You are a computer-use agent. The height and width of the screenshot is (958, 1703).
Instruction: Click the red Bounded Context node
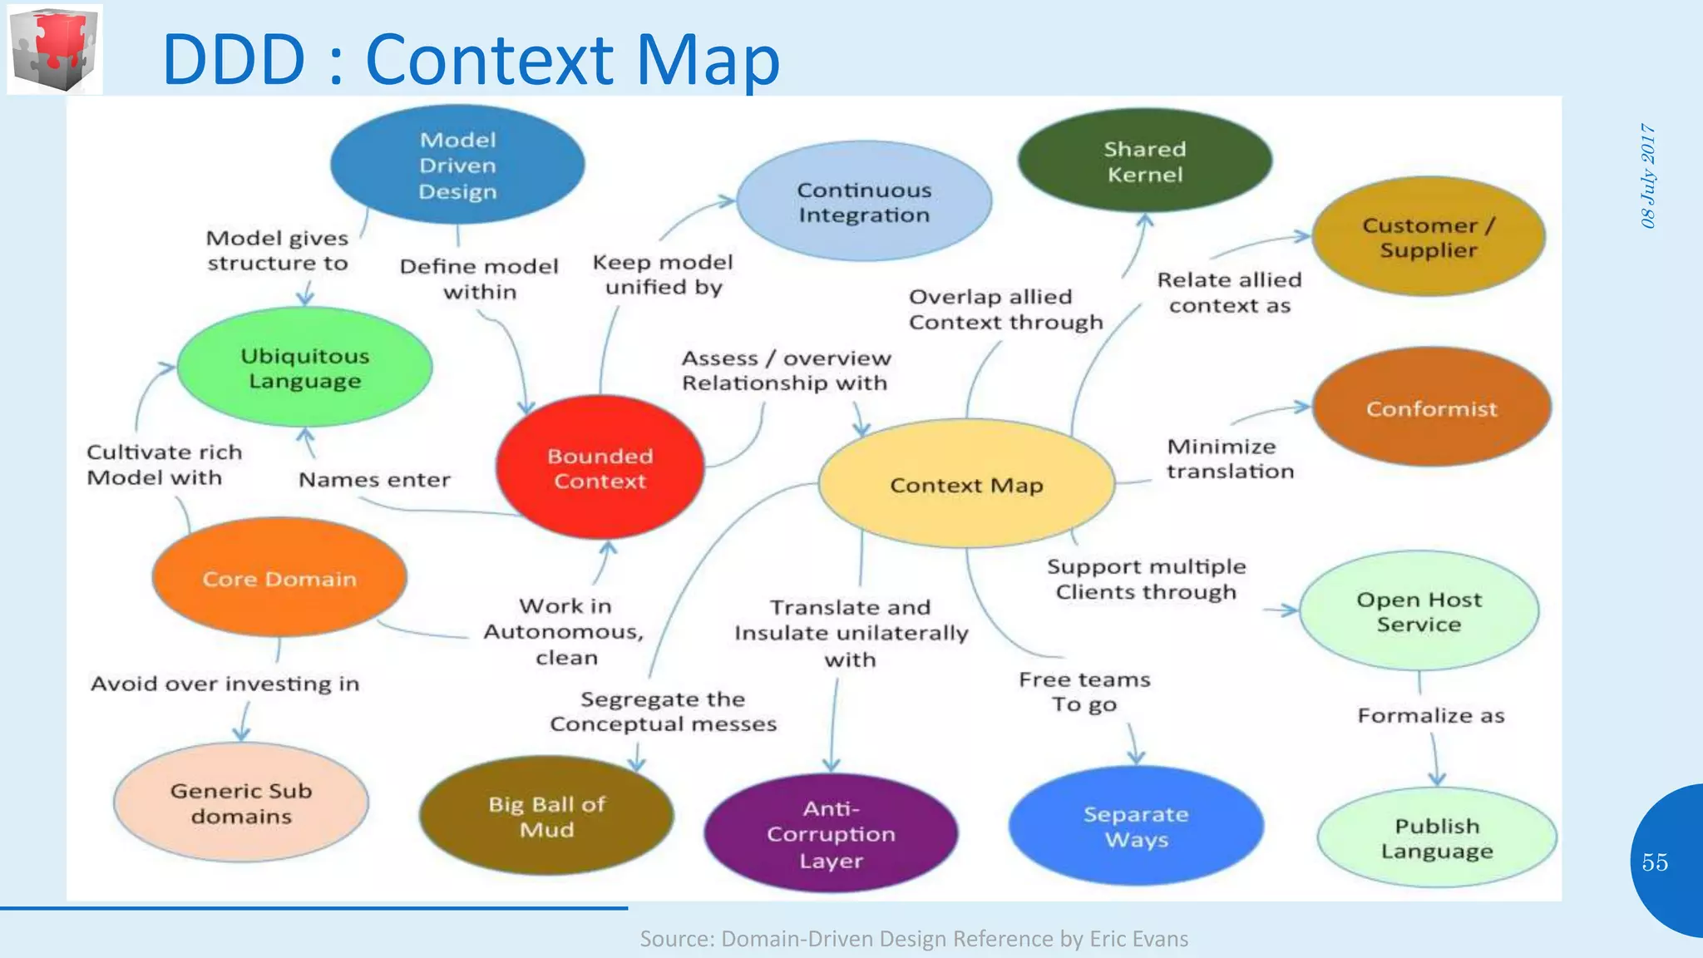click(x=600, y=468)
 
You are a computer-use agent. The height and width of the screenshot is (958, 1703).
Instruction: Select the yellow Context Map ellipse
click(x=966, y=485)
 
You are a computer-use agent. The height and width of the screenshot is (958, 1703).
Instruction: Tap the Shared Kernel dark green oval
click(x=1144, y=161)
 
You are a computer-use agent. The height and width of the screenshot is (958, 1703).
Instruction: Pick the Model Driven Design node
click(x=457, y=165)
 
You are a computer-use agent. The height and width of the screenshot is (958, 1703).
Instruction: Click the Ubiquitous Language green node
click(x=305, y=368)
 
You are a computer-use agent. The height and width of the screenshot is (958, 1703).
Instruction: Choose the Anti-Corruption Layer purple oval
click(x=831, y=834)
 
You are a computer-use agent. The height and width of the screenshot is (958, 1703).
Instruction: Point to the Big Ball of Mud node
click(x=546, y=817)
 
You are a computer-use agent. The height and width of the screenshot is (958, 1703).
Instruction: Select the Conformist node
click(x=1431, y=408)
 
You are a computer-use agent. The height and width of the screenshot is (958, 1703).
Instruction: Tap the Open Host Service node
click(x=1419, y=611)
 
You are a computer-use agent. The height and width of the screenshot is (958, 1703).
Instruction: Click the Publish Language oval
click(x=1437, y=838)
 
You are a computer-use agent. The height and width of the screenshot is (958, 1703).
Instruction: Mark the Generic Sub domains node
click(x=241, y=803)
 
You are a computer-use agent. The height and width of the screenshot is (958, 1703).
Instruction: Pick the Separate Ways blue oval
click(x=1136, y=827)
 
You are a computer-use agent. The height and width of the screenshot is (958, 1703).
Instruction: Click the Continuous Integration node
click(x=864, y=202)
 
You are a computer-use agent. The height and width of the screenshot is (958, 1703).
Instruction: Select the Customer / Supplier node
click(x=1429, y=237)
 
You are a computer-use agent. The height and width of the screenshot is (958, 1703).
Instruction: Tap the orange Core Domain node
click(x=279, y=579)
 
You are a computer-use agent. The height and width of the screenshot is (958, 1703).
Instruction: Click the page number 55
click(x=1655, y=862)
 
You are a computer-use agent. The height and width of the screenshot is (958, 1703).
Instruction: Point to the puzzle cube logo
click(x=55, y=49)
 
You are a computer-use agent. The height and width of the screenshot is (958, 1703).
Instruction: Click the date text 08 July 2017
click(x=1648, y=175)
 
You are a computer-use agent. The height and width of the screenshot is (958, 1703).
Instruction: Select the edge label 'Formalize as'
click(x=1431, y=716)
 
